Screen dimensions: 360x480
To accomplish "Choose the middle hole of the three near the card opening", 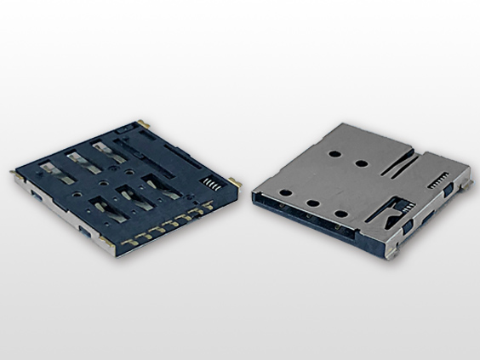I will [x=313, y=204].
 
